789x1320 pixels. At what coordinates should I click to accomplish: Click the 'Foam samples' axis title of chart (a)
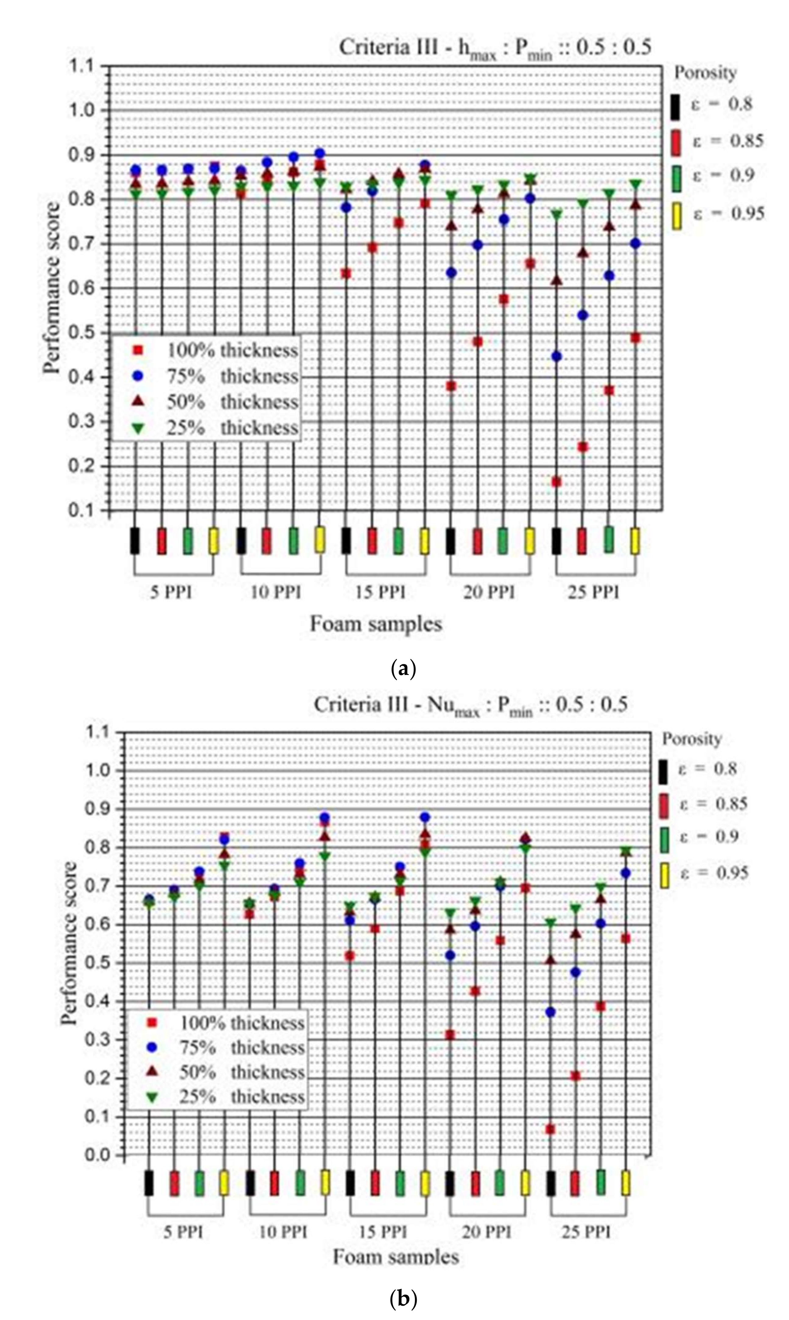376,623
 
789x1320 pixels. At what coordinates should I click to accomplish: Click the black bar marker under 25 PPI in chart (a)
556,541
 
